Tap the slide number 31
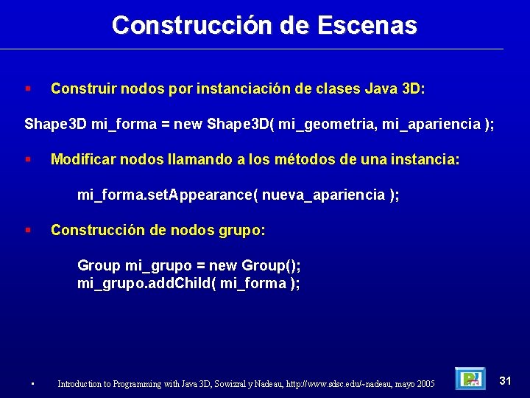point(505,380)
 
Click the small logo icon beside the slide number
point(469,379)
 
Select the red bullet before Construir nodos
point(27,89)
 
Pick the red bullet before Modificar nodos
point(27,159)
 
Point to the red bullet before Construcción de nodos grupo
point(27,230)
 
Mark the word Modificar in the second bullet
point(81,160)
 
